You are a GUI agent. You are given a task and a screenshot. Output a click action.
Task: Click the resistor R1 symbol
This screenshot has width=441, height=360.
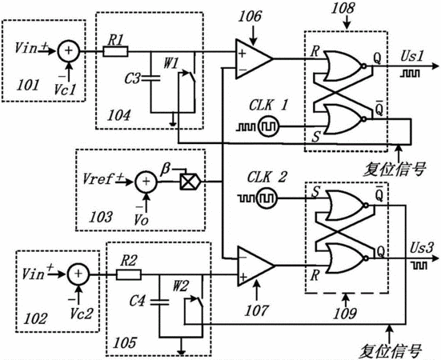(115, 51)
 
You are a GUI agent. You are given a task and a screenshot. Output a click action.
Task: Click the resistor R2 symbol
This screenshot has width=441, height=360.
(129, 274)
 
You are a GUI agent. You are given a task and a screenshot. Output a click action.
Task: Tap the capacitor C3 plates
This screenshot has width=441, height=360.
(150, 78)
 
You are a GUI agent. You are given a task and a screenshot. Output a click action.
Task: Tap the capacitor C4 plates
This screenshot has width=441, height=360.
(159, 302)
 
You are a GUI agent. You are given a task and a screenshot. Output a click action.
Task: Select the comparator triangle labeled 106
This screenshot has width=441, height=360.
(254, 59)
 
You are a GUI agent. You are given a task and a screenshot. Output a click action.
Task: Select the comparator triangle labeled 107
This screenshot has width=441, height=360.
(255, 266)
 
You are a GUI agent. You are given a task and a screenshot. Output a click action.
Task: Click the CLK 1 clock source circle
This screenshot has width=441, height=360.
(269, 126)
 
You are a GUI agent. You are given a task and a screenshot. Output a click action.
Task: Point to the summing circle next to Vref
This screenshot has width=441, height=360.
(146, 182)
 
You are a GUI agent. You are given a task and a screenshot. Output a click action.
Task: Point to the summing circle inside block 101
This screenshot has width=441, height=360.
(69, 51)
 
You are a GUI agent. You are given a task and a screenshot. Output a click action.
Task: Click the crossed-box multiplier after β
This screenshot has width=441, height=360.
(190, 182)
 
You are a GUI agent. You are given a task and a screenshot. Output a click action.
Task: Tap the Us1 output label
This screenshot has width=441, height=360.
(411, 57)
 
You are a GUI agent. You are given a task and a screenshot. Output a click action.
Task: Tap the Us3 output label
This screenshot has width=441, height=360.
(421, 249)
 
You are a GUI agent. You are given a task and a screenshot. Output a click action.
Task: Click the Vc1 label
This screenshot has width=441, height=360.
(65, 90)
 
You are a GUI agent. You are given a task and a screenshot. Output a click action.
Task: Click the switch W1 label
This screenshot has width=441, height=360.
(171, 64)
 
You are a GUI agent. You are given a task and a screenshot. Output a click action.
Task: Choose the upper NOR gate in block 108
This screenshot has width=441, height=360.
(345, 66)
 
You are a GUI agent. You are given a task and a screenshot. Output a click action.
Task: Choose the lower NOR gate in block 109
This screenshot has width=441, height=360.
(347, 258)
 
